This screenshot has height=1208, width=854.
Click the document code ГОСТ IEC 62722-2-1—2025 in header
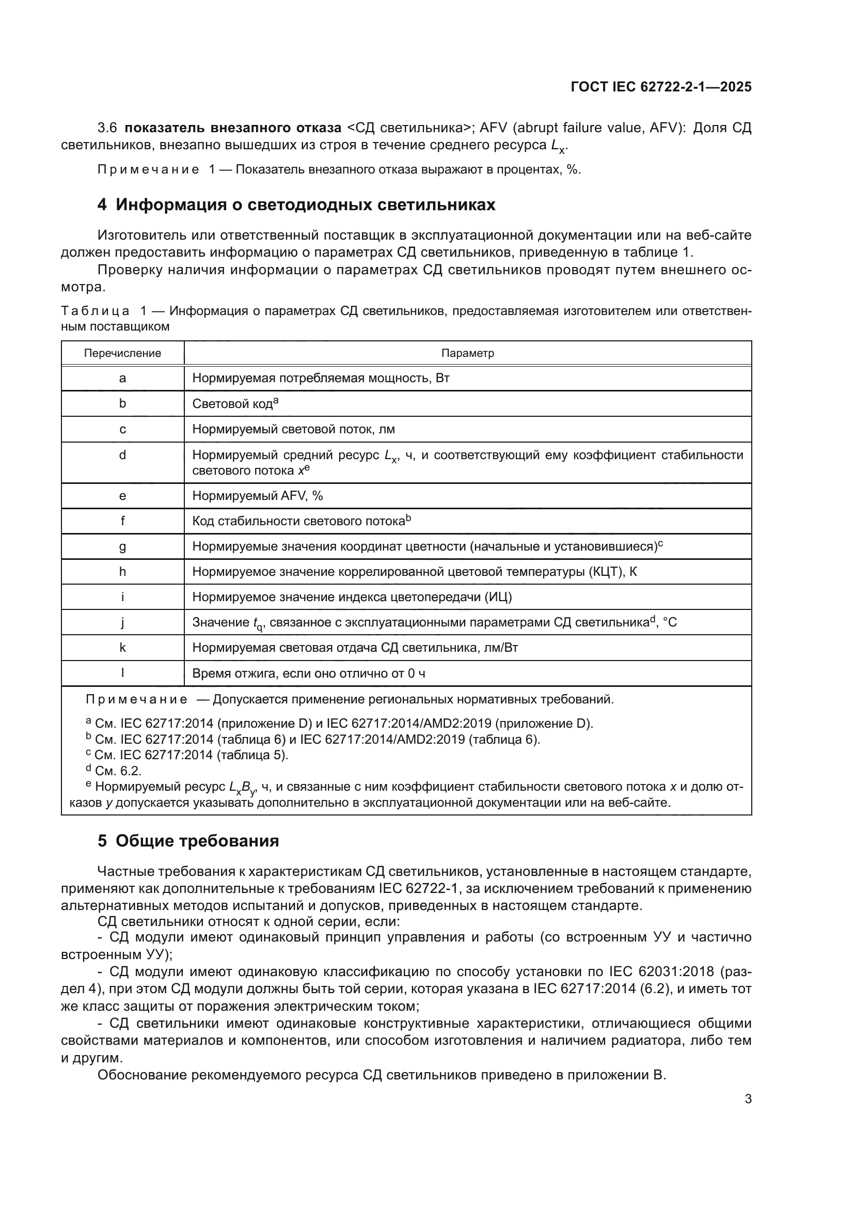[661, 87]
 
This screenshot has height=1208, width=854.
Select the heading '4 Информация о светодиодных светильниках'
[296, 205]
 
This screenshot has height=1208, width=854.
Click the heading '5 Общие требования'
[188, 841]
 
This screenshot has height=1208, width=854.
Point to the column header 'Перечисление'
[122, 353]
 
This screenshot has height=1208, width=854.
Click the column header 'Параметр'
[467, 353]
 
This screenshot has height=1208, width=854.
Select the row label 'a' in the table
[122, 378]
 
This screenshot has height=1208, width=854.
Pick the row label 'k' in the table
[122, 648]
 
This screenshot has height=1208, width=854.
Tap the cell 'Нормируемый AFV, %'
[257, 496]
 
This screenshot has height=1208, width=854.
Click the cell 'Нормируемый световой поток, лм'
[293, 429]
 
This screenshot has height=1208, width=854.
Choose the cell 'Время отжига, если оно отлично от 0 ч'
[308, 673]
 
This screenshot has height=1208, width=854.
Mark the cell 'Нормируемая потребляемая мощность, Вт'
[321, 378]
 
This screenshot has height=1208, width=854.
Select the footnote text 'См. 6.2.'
[118, 771]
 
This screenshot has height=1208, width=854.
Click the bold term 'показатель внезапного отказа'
[233, 128]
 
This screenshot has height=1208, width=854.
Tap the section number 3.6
[107, 128]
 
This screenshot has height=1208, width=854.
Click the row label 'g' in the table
[122, 546]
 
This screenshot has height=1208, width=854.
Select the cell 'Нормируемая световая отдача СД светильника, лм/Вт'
[355, 648]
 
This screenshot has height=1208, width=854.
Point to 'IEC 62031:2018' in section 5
[660, 971]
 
